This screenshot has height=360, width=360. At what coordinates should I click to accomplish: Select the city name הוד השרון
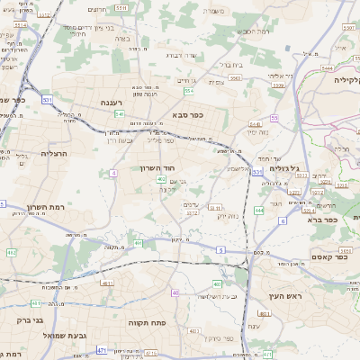[161, 167]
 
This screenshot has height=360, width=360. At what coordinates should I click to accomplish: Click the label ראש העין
[286, 295]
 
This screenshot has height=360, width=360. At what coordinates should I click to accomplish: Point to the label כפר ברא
[320, 219]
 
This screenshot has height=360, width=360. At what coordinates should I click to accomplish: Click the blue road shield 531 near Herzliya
[47, 99]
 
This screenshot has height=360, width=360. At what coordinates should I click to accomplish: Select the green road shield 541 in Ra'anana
[119, 114]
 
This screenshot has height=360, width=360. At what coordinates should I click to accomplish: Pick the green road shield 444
[258, 210]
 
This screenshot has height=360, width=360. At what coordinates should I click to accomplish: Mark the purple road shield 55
[274, 117]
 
